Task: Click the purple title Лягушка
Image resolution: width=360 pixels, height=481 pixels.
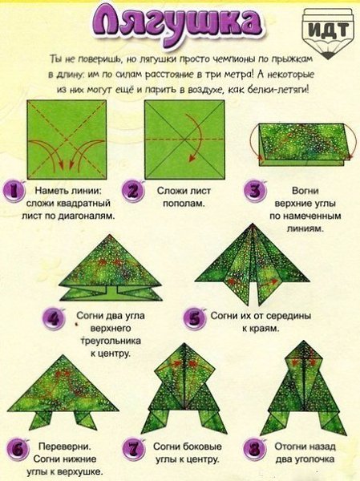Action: tap(177, 24)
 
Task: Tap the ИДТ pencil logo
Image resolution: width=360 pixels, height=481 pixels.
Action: tap(328, 31)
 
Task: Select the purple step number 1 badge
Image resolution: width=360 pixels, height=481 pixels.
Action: tap(14, 191)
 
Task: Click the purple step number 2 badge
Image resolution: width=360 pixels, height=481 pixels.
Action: tap(133, 191)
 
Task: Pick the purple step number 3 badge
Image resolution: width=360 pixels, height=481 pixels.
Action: tap(255, 191)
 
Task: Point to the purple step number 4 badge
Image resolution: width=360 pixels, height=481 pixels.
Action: tap(55, 318)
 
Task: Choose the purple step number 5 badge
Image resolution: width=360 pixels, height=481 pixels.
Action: tap(195, 318)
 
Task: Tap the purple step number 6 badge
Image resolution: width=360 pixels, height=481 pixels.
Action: tap(18, 450)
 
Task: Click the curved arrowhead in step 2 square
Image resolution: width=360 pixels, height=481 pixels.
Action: tap(192, 158)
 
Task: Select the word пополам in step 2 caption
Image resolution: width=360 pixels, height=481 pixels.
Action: tap(184, 204)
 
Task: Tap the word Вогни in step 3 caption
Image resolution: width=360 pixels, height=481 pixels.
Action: tap(305, 191)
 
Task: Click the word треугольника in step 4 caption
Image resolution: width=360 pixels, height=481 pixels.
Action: tap(111, 341)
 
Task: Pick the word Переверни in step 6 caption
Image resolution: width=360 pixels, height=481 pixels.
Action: tap(65, 447)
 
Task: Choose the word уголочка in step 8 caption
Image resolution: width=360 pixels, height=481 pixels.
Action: tap(314, 459)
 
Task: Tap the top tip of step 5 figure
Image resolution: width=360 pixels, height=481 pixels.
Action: tap(253, 224)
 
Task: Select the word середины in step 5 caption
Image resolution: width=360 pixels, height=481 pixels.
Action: tap(289, 316)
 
